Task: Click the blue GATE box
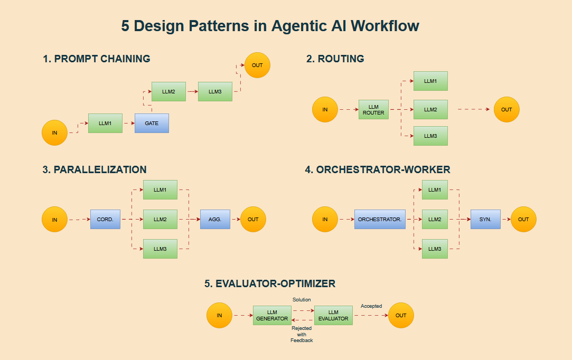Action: (152, 123)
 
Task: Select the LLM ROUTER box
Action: (373, 109)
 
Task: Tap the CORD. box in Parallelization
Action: (105, 219)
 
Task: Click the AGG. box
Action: (215, 219)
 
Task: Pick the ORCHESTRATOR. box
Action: (380, 219)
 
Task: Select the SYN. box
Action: (485, 219)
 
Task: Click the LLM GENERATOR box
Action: (272, 315)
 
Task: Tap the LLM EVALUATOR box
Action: (333, 315)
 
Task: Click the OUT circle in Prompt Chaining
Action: (257, 65)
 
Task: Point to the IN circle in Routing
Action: (325, 110)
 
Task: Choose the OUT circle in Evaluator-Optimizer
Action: (401, 316)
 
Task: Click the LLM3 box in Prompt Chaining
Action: (215, 91)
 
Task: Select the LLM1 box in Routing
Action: (430, 81)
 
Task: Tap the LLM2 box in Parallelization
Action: (160, 219)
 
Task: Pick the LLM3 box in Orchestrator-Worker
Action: (435, 249)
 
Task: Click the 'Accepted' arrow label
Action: (371, 306)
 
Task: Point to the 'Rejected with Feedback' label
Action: (302, 334)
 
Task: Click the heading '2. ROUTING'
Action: (335, 59)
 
